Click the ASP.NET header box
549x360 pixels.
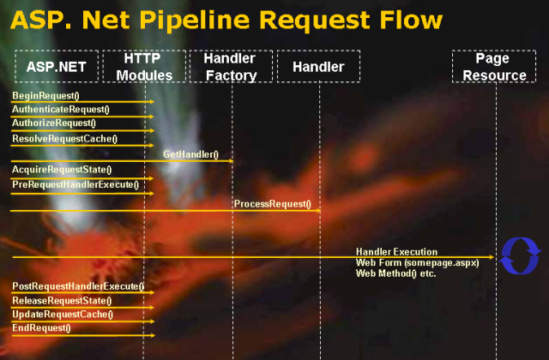57,66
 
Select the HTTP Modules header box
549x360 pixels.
144,66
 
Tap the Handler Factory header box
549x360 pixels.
231,66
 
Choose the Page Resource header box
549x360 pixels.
494,66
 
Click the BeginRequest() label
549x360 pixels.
45,95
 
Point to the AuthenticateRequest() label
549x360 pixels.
61,110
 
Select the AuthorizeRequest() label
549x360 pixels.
54,123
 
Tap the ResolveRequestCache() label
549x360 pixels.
65,139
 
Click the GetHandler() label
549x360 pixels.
190,154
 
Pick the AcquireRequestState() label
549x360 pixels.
62,170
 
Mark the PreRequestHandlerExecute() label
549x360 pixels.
75,184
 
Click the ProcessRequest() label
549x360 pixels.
273,204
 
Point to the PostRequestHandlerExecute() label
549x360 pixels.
78,286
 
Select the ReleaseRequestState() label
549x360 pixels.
62,301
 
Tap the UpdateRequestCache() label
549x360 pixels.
63,315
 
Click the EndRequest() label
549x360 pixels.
41,327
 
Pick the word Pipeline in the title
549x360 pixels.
195,21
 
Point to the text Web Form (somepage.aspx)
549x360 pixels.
418,263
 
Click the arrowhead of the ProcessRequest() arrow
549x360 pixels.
318,211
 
